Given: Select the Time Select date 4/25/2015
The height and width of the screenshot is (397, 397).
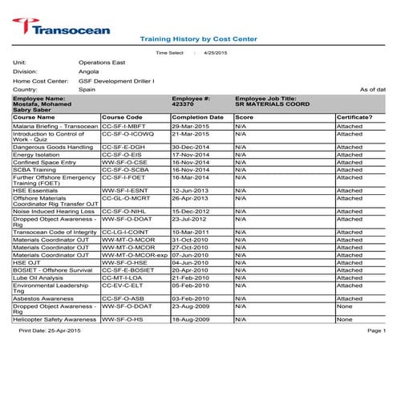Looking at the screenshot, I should coord(216,52).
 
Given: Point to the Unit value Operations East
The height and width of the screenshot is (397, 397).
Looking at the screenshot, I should coord(102,62).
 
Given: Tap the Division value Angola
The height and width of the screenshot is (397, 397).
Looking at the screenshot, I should coord(88,71).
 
